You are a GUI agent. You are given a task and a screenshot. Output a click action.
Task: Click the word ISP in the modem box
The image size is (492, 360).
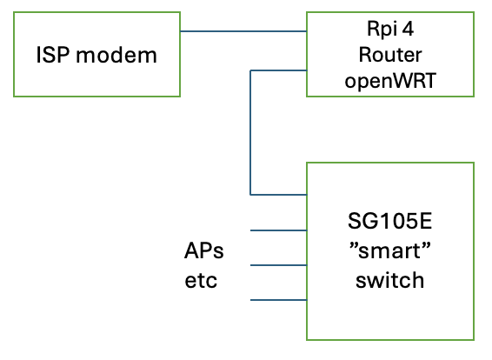52,55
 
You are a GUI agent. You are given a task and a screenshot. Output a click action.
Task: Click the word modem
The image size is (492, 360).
116,56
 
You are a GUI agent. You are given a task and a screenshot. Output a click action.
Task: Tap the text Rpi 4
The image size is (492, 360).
390,30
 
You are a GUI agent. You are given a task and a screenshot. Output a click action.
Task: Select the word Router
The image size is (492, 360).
390,55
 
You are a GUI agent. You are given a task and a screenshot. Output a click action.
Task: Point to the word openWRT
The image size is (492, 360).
390,81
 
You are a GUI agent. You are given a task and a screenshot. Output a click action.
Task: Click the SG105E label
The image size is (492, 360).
389,221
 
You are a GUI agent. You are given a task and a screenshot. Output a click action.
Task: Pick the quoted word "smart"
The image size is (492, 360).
389,250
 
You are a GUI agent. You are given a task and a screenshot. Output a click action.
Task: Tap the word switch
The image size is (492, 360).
389,280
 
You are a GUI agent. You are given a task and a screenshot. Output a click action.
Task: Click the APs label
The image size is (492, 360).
204,250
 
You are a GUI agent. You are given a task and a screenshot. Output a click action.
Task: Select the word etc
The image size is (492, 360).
201,281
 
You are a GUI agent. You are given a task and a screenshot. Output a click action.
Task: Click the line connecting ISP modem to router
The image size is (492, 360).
243,31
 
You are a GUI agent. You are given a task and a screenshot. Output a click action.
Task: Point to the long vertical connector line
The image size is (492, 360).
250,133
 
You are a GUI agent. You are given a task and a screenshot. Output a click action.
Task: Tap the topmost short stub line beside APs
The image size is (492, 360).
278,230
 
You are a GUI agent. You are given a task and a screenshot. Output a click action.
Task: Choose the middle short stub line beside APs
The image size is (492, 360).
278,265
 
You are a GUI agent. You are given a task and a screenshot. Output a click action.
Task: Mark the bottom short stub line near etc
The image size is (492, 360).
278,300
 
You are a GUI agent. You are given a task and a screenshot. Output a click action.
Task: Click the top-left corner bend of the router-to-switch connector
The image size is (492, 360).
250,70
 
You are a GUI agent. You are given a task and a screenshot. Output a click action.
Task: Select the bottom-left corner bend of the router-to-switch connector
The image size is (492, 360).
250,195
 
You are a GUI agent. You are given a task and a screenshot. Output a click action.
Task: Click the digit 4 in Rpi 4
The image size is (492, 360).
408,30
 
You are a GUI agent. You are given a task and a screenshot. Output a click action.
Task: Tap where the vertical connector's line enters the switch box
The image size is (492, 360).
307,195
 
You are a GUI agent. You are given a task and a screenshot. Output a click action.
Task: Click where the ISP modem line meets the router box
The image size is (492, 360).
307,31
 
